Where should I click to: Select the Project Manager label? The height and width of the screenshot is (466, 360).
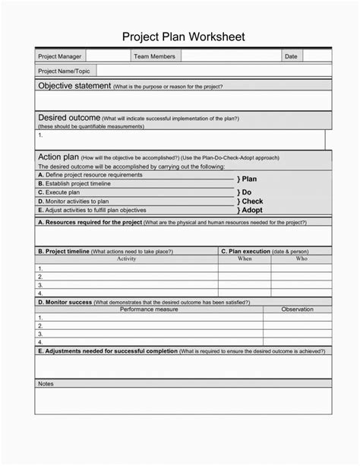(x=60, y=56)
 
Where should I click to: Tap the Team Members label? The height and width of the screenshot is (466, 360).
(x=154, y=56)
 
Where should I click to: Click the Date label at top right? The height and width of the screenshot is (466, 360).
(x=291, y=56)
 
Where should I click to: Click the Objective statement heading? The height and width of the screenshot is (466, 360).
(x=74, y=86)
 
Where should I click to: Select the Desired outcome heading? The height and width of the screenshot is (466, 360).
(x=69, y=118)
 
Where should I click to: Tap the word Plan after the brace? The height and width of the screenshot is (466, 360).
(x=249, y=179)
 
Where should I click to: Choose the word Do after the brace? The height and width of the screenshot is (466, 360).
(x=247, y=193)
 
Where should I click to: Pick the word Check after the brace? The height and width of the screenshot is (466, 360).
(x=252, y=201)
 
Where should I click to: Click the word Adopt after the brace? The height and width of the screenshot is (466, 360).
(x=251, y=210)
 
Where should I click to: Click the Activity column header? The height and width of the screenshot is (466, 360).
(x=126, y=259)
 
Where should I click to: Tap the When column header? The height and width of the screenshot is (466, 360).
(x=245, y=259)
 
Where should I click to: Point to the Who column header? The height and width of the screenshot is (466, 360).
(x=302, y=259)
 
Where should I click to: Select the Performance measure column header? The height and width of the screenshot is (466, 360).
(x=149, y=309)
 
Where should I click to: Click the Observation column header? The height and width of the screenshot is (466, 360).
(x=297, y=309)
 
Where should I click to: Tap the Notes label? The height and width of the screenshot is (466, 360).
(x=46, y=384)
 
